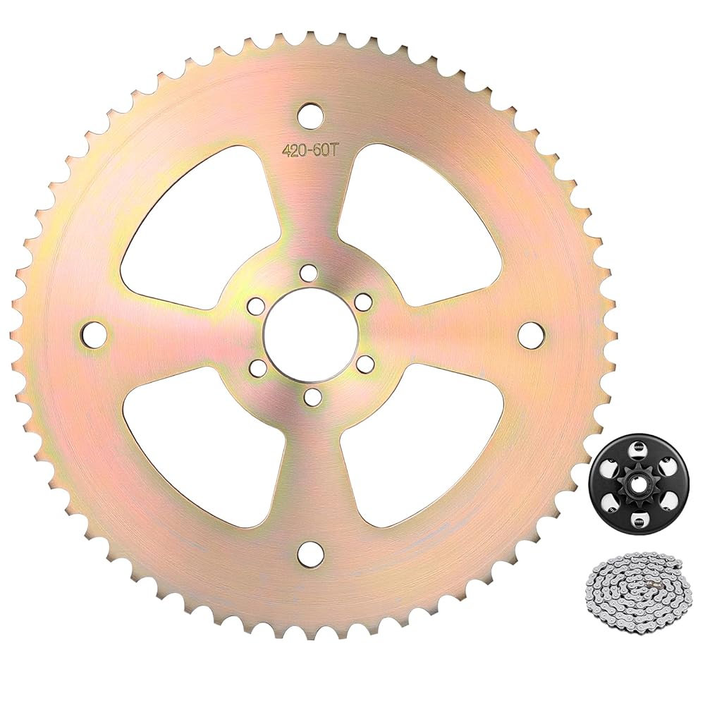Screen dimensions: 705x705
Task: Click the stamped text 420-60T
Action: point(309,152)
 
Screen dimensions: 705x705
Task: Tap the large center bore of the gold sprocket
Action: point(311,334)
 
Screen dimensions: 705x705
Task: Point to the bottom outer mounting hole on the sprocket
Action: point(311,553)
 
